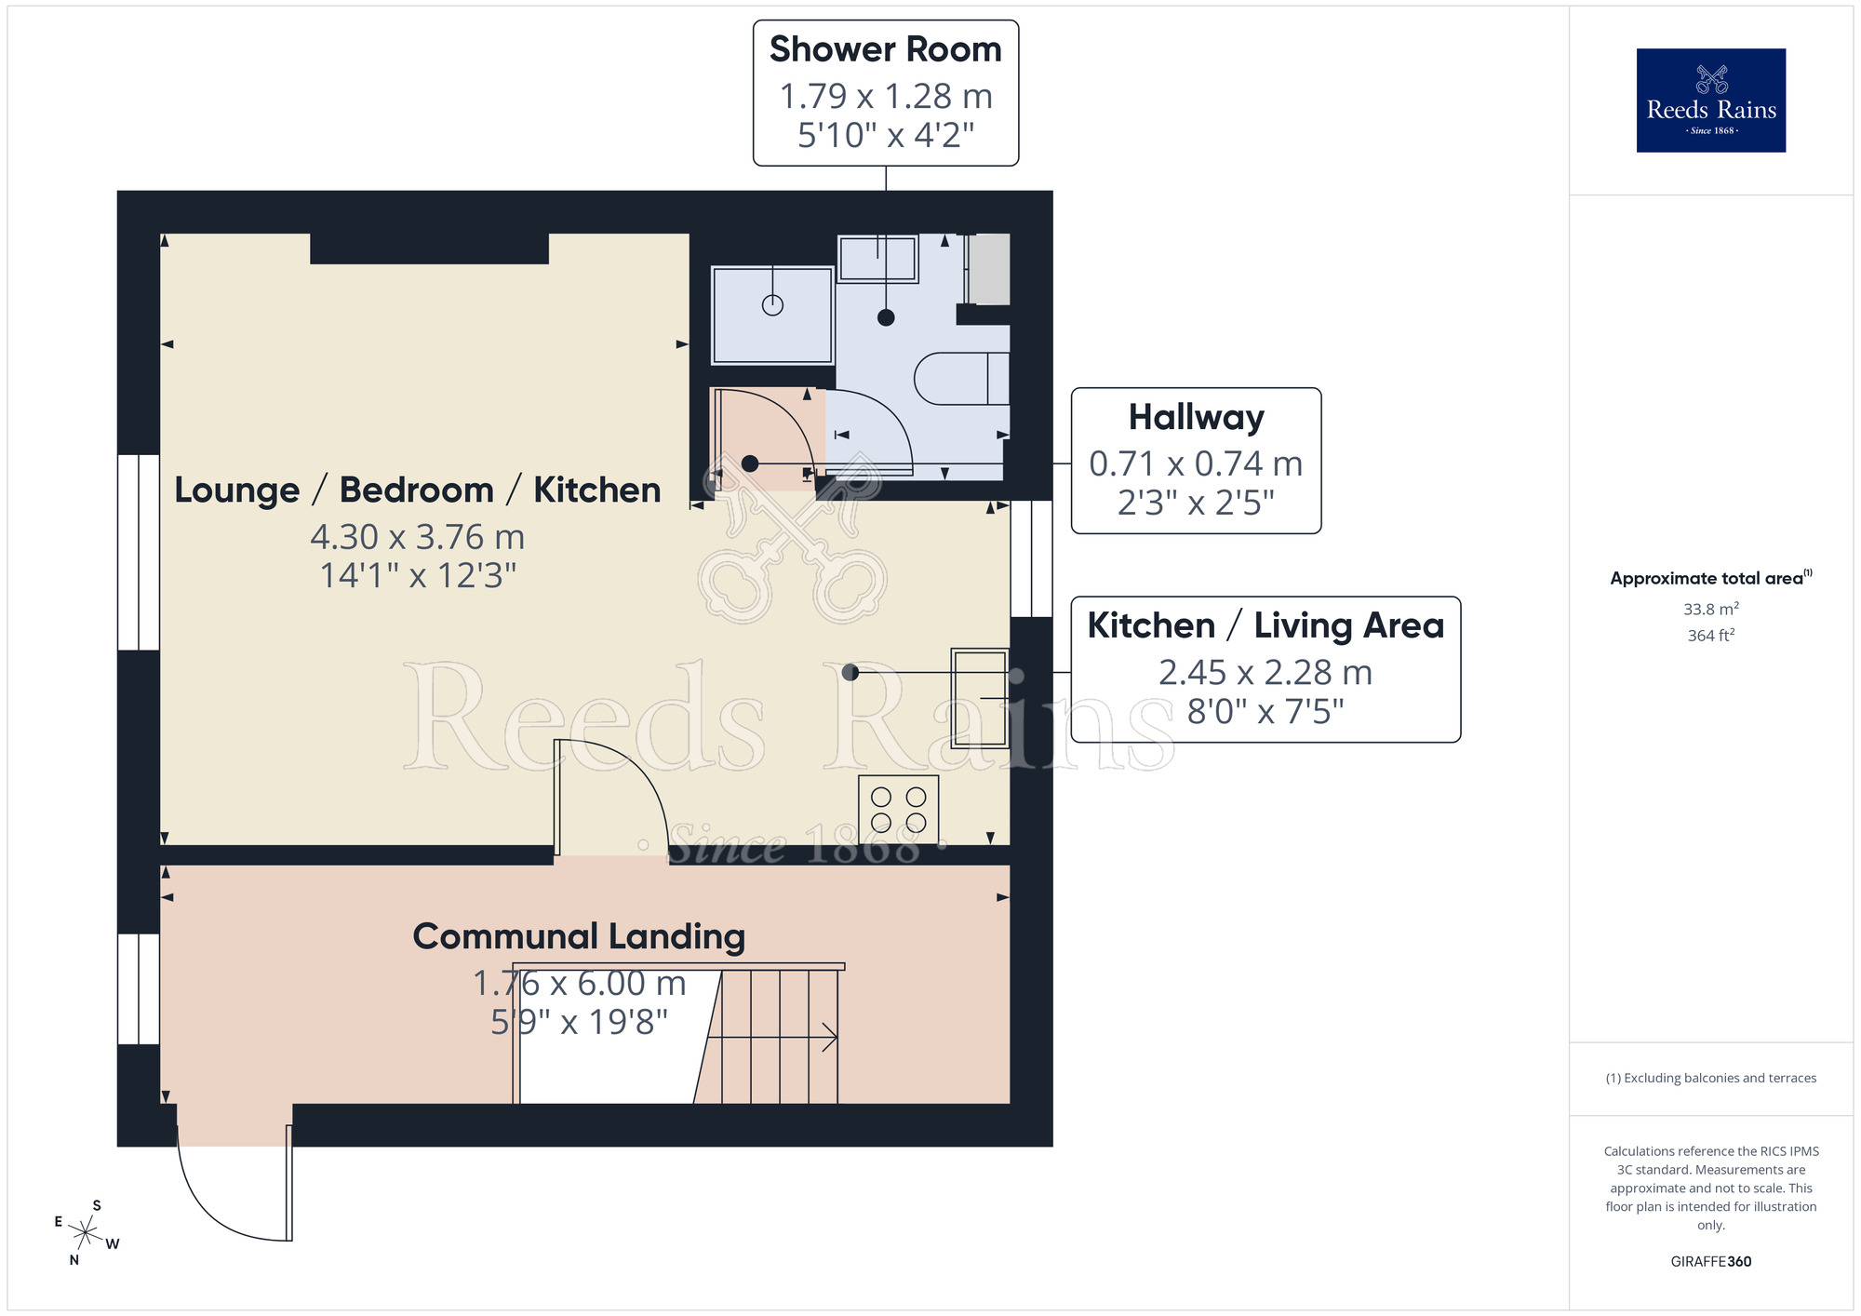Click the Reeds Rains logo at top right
pos(1710,101)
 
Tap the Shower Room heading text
pos(885,49)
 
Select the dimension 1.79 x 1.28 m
pos(885,96)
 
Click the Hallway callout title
pos(1196,417)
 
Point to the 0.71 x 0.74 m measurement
pos(1196,463)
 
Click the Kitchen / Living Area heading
pos(1265,625)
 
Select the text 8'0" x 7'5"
pos(1265,712)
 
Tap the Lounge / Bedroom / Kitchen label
pos(417,490)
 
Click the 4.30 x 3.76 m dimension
pos(417,537)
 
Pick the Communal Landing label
pos(579,936)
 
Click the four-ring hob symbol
pos(898,810)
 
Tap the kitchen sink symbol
pos(980,698)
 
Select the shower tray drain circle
pos(772,304)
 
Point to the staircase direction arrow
pos(828,1037)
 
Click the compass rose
pos(86,1233)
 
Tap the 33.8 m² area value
pos(1710,610)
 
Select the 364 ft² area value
pos(1710,636)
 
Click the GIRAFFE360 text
pos(1710,1262)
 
